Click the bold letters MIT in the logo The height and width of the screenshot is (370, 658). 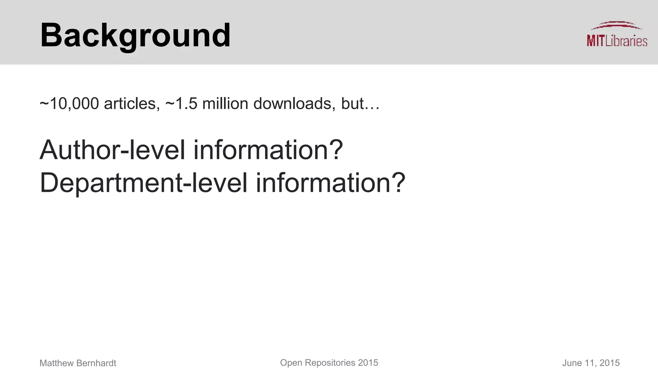[x=595, y=41]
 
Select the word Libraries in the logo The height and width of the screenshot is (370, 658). [x=626, y=41]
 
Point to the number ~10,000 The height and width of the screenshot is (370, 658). [x=69, y=104]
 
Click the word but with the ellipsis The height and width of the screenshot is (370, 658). [x=360, y=104]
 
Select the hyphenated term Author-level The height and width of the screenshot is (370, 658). [x=112, y=150]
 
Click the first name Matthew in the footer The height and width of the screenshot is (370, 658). [x=57, y=363]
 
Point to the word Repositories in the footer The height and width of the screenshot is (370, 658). [x=330, y=363]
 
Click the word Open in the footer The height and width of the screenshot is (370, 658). [x=291, y=363]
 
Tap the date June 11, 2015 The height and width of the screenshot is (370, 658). [x=591, y=363]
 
